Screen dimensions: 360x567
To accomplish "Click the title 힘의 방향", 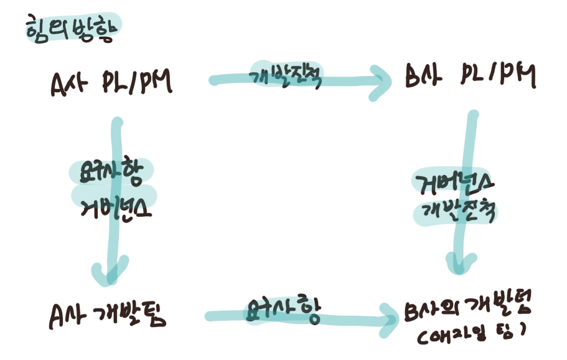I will pos(70,29).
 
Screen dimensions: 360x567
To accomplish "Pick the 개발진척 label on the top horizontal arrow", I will pos(286,75).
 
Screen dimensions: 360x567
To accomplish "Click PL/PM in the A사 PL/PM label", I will pos(136,83).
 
